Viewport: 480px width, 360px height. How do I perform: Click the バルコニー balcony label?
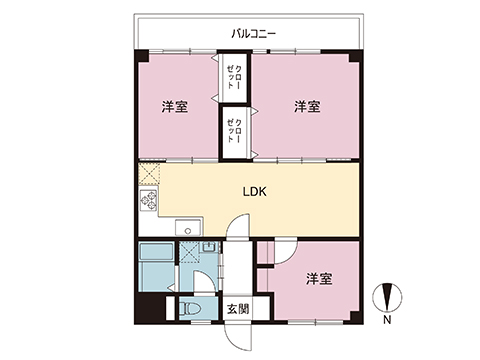(x=254, y=34)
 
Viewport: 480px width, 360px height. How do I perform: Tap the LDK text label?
(x=255, y=192)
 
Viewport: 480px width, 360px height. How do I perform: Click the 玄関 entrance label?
(x=238, y=309)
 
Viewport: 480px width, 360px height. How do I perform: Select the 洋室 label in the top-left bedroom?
(x=175, y=107)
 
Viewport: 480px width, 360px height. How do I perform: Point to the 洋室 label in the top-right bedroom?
(x=307, y=107)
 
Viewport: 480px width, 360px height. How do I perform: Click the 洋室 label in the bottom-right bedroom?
(x=319, y=279)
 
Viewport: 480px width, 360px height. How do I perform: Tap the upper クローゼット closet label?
(x=235, y=77)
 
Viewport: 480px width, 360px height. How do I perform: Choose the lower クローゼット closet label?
(x=235, y=131)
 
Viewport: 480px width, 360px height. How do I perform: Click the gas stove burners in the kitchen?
(x=149, y=200)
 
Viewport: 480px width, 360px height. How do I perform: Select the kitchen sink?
(x=189, y=227)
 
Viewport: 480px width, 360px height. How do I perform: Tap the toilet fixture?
(x=191, y=309)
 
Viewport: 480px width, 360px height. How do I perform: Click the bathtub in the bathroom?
(x=156, y=252)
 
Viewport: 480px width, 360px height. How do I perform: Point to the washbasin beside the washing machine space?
(x=209, y=247)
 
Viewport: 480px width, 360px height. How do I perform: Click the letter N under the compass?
(x=387, y=320)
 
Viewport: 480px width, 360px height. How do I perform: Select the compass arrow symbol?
(x=387, y=297)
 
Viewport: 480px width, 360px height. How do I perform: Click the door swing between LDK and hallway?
(x=238, y=225)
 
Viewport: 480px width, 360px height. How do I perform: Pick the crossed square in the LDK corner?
(x=149, y=174)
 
